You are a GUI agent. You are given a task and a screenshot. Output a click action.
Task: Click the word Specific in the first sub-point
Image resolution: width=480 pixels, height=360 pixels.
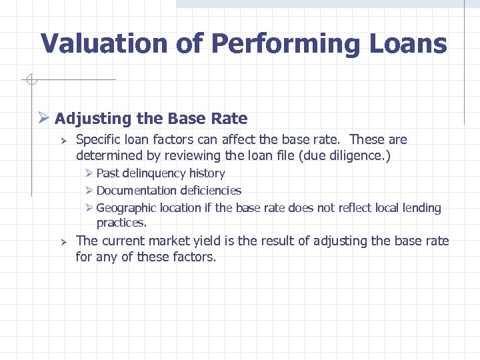pos(99,140)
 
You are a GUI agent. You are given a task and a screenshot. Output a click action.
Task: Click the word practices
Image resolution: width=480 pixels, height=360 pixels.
pos(121,223)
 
